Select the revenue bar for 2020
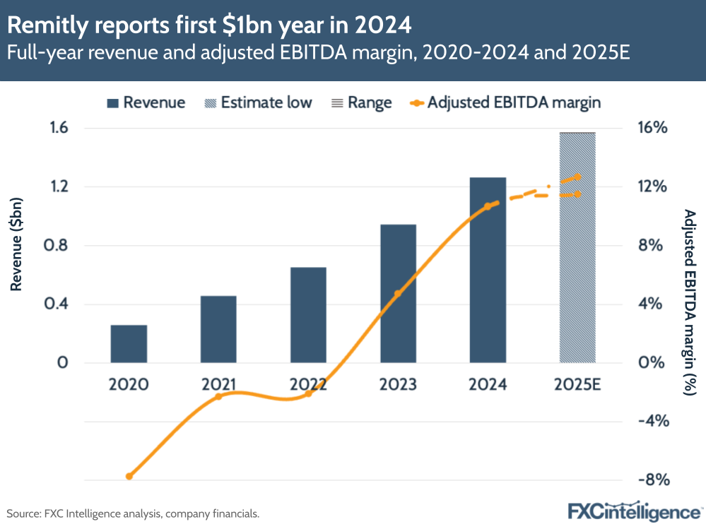click(129, 344)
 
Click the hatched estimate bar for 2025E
click(577, 247)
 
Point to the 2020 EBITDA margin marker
click(129, 476)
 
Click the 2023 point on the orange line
click(398, 292)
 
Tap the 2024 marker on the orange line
click(487, 206)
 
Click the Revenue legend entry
click(146, 102)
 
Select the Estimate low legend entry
click(257, 102)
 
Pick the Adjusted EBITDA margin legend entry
click(505, 102)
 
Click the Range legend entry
click(361, 102)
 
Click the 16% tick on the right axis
click(651, 128)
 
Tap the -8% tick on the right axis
click(651, 480)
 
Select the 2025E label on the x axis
click(577, 385)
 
